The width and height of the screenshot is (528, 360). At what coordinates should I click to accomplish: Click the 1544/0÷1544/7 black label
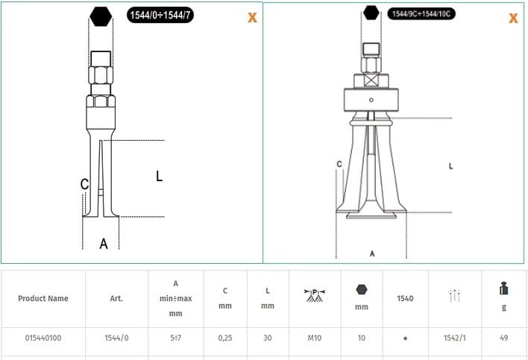pos(160,15)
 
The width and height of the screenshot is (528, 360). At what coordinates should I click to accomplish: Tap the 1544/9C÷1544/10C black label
pos(421,13)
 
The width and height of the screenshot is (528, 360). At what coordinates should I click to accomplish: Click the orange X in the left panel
pos(252,17)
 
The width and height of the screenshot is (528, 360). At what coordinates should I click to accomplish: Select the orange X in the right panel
pos(514,18)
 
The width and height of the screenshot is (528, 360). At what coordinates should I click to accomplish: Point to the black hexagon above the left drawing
pos(101,16)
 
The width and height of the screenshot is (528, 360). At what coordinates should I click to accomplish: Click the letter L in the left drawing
pos(160,176)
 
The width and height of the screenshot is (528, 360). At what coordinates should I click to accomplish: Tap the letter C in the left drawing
pos(84,184)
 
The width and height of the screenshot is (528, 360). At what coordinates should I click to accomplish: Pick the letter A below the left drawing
pos(104,244)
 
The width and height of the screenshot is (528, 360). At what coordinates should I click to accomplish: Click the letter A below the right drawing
pos(372,253)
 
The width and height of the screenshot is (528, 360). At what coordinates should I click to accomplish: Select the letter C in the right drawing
pos(339,164)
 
